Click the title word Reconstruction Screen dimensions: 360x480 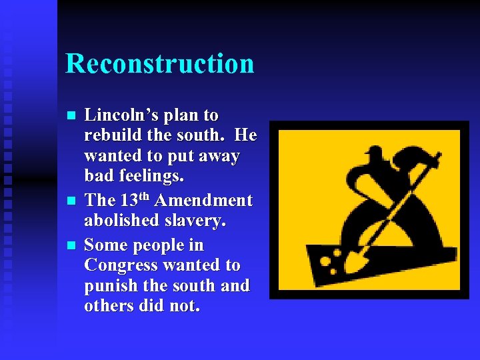(160, 64)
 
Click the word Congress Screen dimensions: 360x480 (121, 265)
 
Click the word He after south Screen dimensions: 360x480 (246, 135)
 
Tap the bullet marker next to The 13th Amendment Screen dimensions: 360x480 (72, 201)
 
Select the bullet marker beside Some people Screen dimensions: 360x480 (72, 245)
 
